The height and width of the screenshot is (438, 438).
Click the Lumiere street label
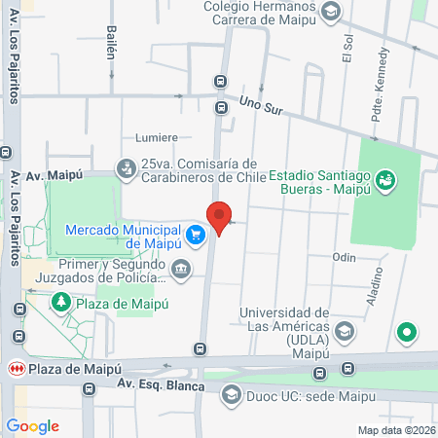[x=158, y=138]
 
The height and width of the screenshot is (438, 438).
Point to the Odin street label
[x=344, y=257]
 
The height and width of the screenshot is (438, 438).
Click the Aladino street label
[x=376, y=287]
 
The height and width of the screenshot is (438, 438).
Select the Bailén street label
[x=110, y=43]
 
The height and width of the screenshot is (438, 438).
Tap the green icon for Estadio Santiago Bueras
[x=385, y=179]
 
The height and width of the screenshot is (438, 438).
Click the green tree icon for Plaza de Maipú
[x=60, y=303]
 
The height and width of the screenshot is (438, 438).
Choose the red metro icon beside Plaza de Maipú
[x=15, y=369]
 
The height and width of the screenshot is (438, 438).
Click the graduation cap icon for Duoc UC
[x=231, y=393]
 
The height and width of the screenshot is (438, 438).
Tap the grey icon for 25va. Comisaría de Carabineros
[x=126, y=169]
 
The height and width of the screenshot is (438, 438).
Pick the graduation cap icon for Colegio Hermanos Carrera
[x=331, y=12]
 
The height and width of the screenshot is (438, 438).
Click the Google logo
[x=32, y=425]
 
